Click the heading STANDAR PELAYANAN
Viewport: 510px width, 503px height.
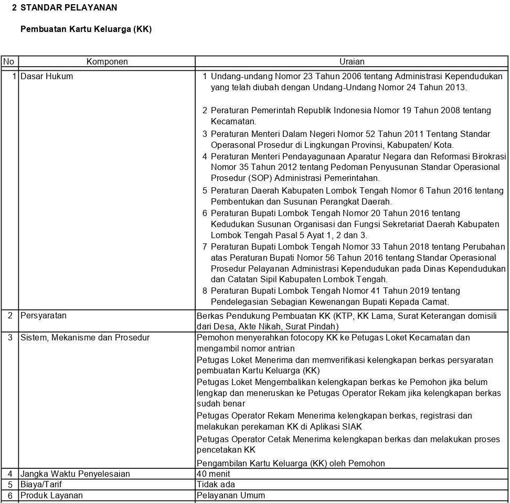(68, 8)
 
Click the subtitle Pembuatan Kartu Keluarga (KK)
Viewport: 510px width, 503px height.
(86, 29)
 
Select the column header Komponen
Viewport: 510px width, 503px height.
(107, 62)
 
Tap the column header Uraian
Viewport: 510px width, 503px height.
(352, 62)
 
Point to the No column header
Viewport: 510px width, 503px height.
(8, 62)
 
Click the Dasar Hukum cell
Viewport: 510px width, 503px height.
(47, 77)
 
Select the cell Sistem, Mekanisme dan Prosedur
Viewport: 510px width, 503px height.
(85, 338)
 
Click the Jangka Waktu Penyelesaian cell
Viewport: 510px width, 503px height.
(75, 474)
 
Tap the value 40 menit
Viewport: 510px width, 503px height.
(213, 474)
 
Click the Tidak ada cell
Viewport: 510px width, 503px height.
(216, 485)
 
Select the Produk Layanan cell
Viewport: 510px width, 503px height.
(51, 496)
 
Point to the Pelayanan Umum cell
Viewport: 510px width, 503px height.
(231, 496)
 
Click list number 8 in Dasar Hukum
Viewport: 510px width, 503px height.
(205, 291)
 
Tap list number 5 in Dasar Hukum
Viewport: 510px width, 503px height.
(205, 190)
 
